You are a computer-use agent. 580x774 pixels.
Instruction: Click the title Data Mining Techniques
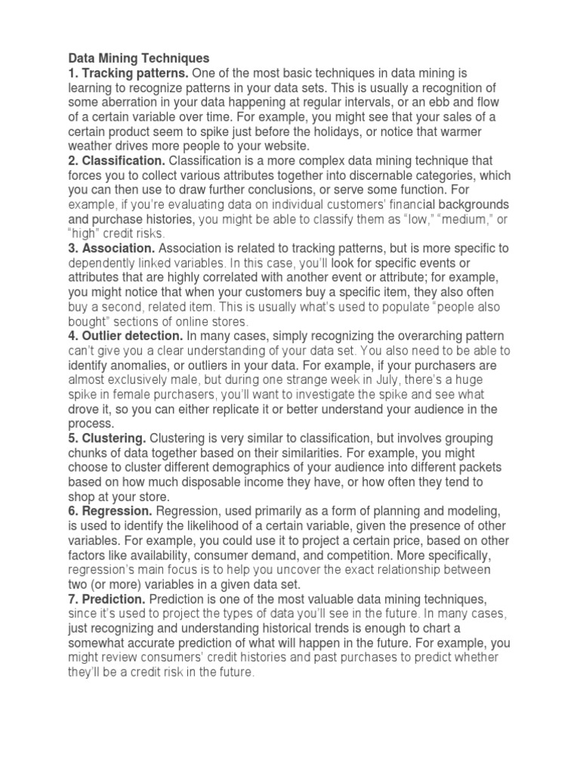pos(139,58)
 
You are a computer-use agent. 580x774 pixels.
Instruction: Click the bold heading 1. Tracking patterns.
pos(129,73)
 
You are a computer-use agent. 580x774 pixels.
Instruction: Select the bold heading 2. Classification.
pos(117,161)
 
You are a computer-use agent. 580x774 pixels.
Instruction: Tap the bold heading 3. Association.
pos(112,248)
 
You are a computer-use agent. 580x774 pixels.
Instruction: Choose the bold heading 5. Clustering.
pos(107,438)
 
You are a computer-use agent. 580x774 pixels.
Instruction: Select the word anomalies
pos(137,365)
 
